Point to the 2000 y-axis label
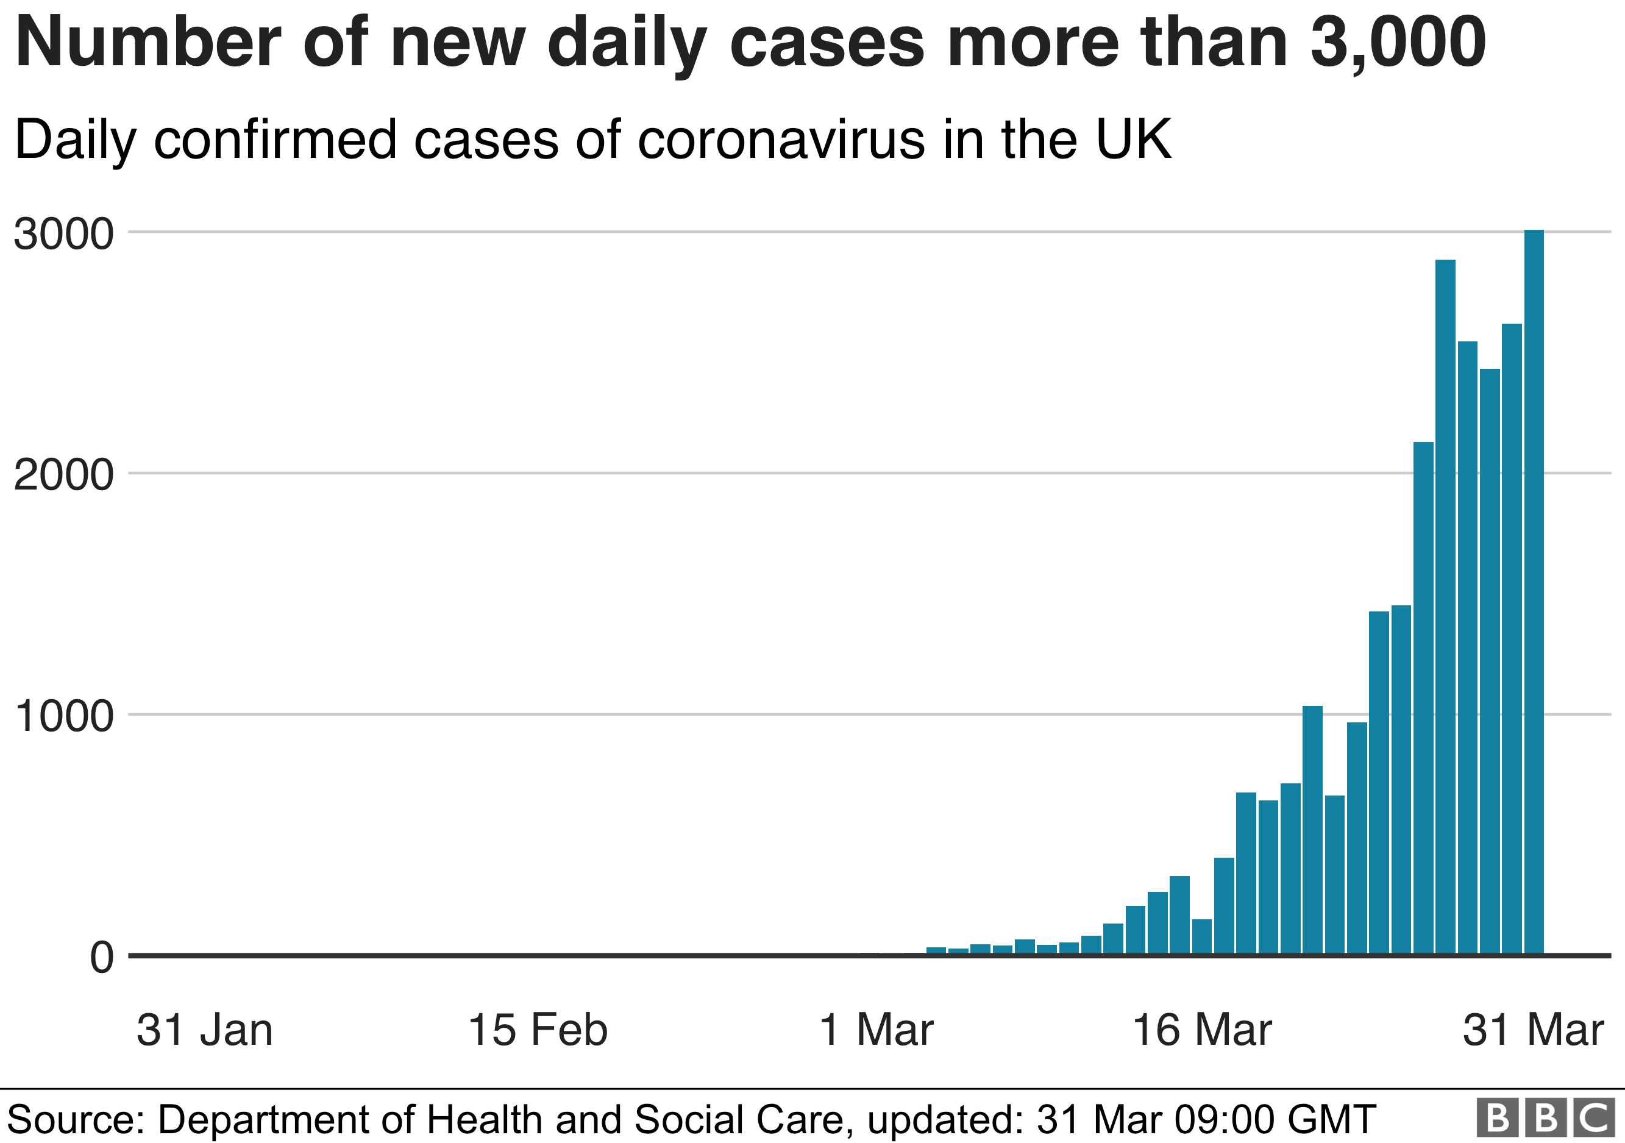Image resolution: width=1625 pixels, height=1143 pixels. click(x=64, y=475)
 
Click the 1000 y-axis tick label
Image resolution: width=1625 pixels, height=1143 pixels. click(x=64, y=716)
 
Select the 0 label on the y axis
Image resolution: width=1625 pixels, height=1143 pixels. click(x=102, y=958)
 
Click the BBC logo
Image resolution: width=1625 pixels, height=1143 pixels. click(x=1545, y=1117)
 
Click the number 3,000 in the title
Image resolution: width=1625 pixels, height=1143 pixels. click(x=1398, y=44)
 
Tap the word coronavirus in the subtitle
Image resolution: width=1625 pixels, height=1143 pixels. click(x=781, y=140)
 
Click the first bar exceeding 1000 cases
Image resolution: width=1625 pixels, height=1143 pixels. click(x=1312, y=831)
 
